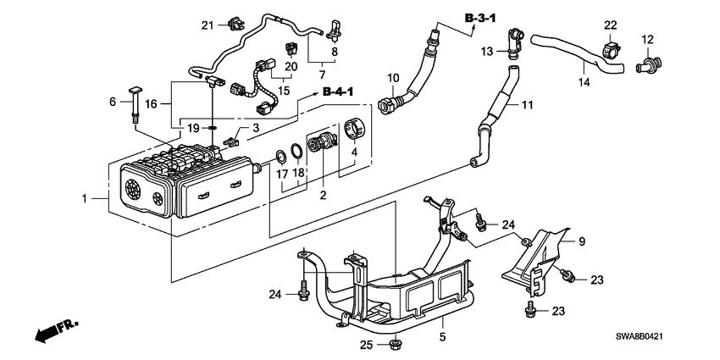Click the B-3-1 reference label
pyautogui.click(x=481, y=18)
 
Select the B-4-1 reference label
pyautogui.click(x=338, y=92)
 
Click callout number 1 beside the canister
pyautogui.click(x=84, y=198)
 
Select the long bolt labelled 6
pyautogui.click(x=134, y=104)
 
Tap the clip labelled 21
pyautogui.click(x=235, y=25)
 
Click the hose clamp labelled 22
pyautogui.click(x=610, y=50)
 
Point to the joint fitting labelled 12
pyautogui.click(x=648, y=64)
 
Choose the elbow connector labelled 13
pyautogui.click(x=514, y=43)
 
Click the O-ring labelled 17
pyautogui.click(x=280, y=156)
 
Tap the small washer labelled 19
pyautogui.click(x=211, y=128)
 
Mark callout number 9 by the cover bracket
pyautogui.click(x=582, y=241)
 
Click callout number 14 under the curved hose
pyautogui.click(x=584, y=83)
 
